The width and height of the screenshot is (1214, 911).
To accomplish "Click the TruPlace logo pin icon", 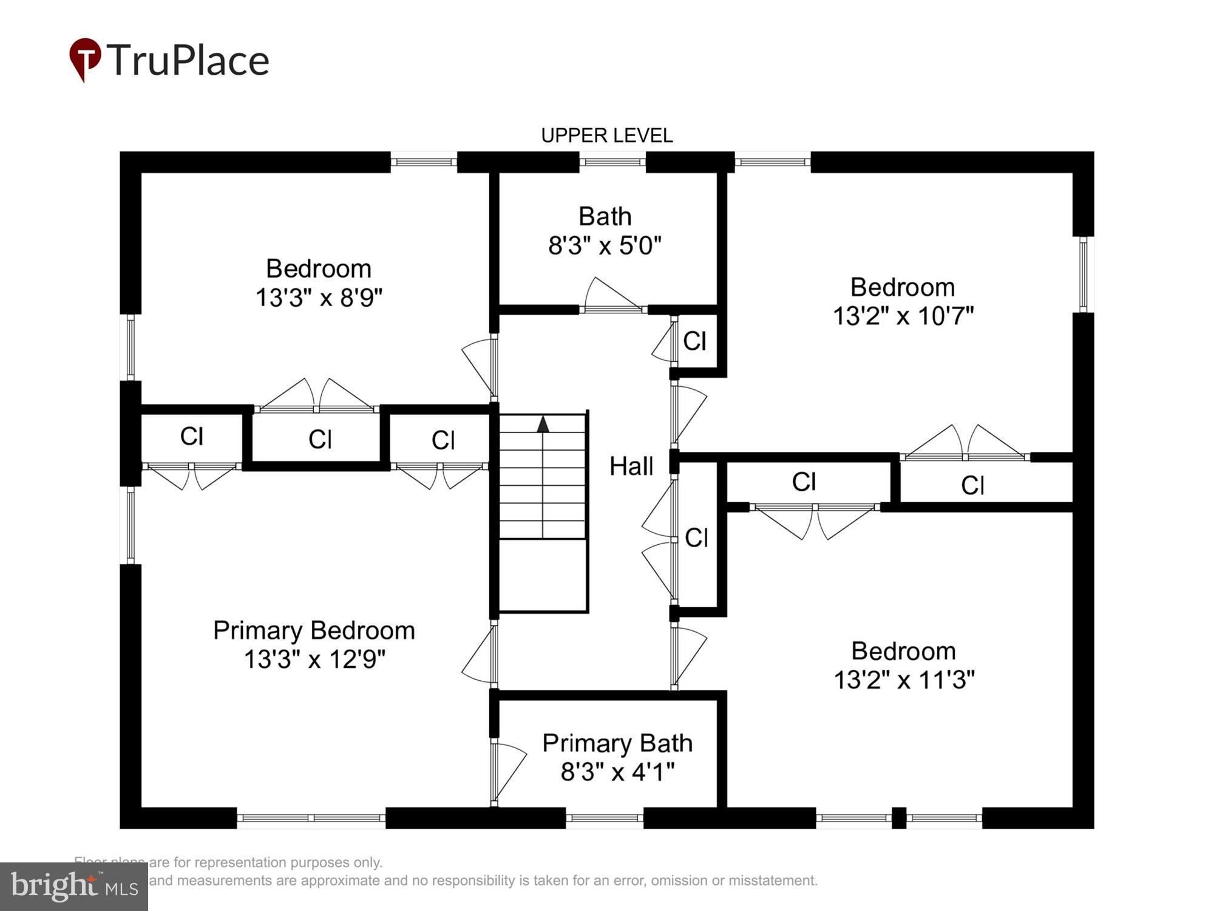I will tap(85, 58).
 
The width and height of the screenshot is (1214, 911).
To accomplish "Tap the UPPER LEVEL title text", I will tap(606, 135).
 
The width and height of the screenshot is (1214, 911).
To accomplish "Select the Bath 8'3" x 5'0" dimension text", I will tap(605, 246).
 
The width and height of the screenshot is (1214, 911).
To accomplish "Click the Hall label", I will tap(631, 466).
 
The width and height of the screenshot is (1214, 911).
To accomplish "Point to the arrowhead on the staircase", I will tap(543, 424).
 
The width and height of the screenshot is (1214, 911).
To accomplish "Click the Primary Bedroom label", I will tap(314, 630).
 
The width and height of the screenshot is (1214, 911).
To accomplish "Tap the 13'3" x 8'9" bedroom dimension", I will tap(319, 298).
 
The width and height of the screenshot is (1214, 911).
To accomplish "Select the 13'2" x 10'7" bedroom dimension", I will tap(903, 316).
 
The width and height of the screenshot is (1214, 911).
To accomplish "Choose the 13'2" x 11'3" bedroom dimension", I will tap(904, 680).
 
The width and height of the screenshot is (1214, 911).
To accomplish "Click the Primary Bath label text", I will tap(617, 743).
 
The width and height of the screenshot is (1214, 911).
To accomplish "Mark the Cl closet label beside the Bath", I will tap(694, 341).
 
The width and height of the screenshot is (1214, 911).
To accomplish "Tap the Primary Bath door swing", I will tap(509, 771).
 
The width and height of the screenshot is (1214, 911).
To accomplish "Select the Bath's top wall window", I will tap(612, 162).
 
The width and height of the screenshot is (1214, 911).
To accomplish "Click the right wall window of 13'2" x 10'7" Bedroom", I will tap(1083, 275).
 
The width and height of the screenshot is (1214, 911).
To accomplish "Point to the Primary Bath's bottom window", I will tap(605, 818).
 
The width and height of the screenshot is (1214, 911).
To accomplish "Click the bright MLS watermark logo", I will tap(73, 887).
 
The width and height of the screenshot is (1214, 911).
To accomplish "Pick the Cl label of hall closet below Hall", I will tap(696, 537).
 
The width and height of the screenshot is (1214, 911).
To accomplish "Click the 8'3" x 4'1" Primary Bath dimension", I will tap(617, 773).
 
